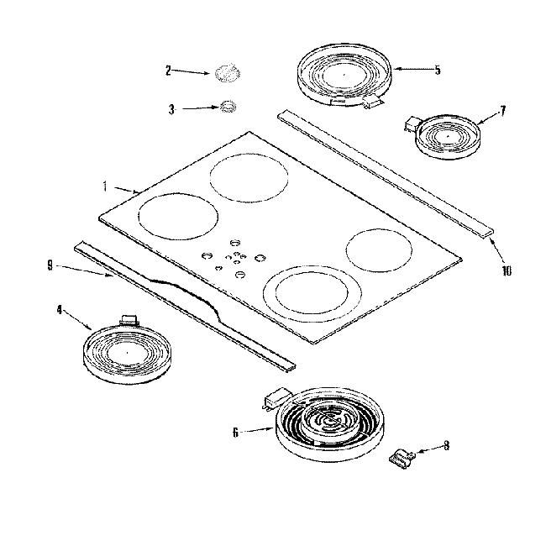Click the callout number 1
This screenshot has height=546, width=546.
[x=104, y=185]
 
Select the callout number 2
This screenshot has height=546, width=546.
[x=168, y=71]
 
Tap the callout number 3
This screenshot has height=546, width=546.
[x=171, y=109]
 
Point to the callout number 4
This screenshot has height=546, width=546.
[x=60, y=309]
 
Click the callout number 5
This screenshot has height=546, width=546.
[x=438, y=70]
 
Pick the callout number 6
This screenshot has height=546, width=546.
[x=236, y=433]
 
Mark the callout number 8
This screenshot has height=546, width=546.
[x=446, y=446]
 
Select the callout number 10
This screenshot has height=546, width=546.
[x=507, y=270]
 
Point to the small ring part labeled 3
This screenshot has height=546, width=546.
[x=227, y=107]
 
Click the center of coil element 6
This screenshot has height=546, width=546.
[x=327, y=419]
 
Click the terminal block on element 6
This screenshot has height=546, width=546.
[x=274, y=396]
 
